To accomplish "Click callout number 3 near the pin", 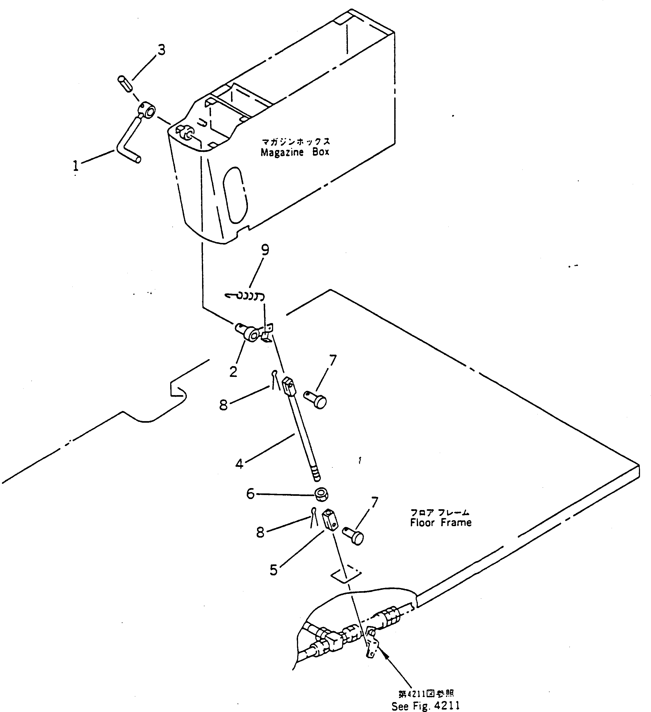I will pyautogui.click(x=161, y=51).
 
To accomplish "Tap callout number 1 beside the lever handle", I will pyautogui.click(x=76, y=165).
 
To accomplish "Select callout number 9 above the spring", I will pyautogui.click(x=265, y=250).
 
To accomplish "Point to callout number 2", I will pyautogui.click(x=233, y=372).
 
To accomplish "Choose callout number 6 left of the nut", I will pyautogui.click(x=250, y=494).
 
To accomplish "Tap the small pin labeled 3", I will pyautogui.click(x=124, y=83).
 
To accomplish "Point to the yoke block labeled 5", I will pyautogui.click(x=330, y=521).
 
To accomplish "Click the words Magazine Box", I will pyautogui.click(x=295, y=152).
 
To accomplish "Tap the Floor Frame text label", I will pyautogui.click(x=440, y=522).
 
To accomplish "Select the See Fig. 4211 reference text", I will pyautogui.click(x=426, y=705).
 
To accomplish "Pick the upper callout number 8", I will pyautogui.click(x=223, y=405).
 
